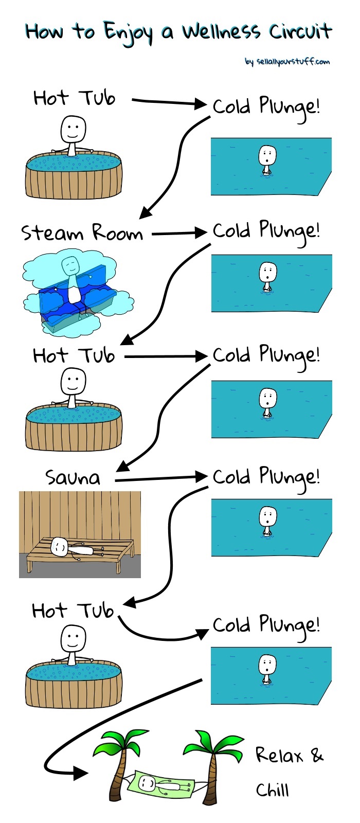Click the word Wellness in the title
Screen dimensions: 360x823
click(x=222, y=31)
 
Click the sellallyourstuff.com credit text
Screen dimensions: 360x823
click(x=287, y=61)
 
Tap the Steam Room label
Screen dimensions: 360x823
click(x=82, y=232)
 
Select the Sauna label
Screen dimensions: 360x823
click(x=73, y=478)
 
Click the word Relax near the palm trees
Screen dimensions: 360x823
click(x=279, y=755)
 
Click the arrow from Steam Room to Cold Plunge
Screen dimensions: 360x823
click(x=179, y=233)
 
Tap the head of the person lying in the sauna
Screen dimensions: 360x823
click(x=58, y=546)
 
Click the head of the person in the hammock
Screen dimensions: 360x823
click(x=147, y=782)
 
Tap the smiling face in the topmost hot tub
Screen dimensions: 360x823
click(x=73, y=129)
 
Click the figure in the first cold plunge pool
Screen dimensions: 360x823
click(x=267, y=160)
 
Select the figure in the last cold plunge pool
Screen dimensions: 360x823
click(x=267, y=669)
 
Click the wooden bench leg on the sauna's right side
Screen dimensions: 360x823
click(x=118, y=566)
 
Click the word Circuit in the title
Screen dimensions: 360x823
click(x=300, y=31)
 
